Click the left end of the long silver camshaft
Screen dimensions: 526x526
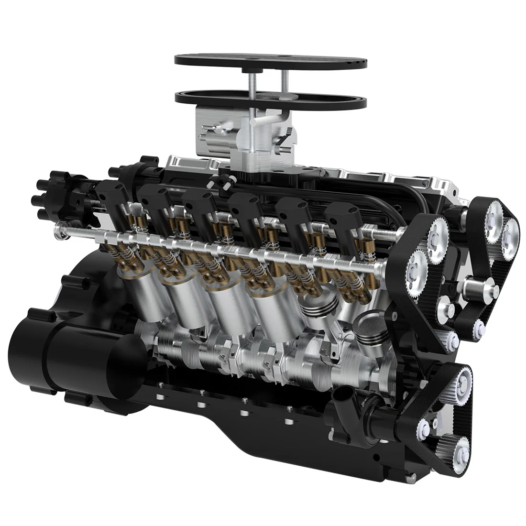[x=60, y=226]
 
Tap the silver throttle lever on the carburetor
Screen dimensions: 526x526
[x=268, y=122]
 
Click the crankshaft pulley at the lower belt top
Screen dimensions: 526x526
[x=461, y=383]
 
